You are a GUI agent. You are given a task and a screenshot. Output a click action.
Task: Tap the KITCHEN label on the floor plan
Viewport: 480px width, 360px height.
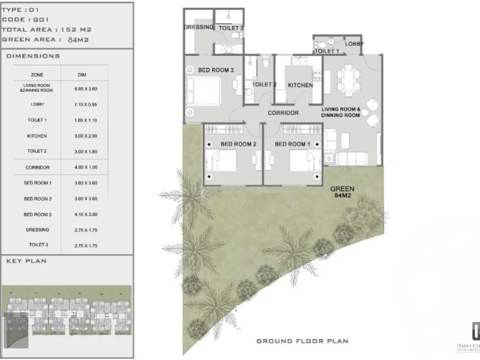click(300, 85)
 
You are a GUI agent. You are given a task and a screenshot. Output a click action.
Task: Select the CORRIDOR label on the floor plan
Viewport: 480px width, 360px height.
click(283, 113)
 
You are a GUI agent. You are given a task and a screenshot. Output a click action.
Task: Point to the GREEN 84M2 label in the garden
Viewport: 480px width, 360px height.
click(342, 192)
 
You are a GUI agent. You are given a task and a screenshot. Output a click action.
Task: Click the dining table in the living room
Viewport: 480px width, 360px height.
click(348, 81)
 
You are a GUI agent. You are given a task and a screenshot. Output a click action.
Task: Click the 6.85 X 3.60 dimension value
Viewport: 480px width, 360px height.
click(85, 88)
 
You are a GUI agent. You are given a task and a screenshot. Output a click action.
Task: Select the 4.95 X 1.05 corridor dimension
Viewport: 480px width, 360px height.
click(85, 167)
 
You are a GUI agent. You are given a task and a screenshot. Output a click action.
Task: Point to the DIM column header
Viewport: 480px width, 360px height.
click(82, 75)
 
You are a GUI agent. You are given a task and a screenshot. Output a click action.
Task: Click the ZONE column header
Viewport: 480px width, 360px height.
click(37, 75)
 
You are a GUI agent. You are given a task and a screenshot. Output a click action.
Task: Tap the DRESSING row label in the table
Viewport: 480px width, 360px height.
click(37, 230)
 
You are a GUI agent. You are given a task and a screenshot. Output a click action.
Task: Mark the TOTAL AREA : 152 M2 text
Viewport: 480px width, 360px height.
click(47, 30)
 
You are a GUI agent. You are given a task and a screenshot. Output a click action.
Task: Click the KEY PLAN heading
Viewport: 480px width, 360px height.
click(26, 261)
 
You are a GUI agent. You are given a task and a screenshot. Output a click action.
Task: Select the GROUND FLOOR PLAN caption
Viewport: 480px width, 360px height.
click(302, 341)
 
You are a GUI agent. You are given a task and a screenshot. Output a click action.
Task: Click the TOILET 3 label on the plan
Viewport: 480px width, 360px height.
click(231, 28)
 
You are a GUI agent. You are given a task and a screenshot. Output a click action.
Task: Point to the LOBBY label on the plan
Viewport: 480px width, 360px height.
click(354, 44)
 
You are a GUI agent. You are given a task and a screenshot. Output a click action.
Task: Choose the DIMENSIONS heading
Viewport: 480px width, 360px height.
click(33, 56)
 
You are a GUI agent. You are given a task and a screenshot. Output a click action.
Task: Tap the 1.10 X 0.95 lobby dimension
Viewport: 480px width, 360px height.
click(85, 105)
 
